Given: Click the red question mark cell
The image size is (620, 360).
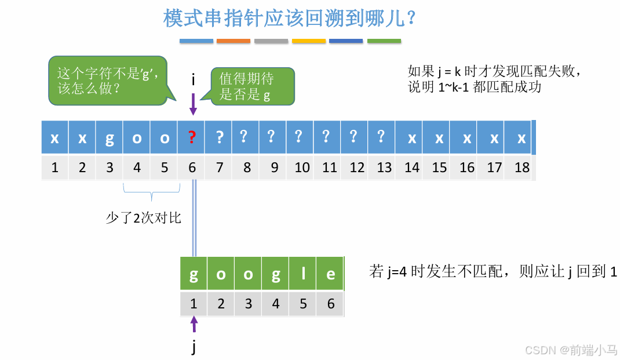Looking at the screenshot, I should (x=192, y=138).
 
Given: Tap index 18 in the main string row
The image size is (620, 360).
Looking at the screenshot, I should (x=521, y=168).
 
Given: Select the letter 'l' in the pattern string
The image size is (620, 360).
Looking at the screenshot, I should (x=303, y=274).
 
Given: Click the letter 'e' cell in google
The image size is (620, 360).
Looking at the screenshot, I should (x=330, y=274).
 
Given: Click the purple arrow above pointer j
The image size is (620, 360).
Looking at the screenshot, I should (x=194, y=323).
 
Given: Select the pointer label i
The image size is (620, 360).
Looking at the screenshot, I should (x=193, y=80).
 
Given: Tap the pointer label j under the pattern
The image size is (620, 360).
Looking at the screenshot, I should (x=194, y=347).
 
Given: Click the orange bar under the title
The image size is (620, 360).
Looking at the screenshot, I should (x=234, y=41).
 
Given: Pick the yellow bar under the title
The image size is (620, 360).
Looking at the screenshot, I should (x=309, y=41).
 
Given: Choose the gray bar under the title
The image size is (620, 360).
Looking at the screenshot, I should (x=271, y=41).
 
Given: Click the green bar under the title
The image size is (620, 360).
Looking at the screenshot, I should (x=384, y=41).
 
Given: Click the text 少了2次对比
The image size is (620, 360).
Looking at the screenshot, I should (x=143, y=218).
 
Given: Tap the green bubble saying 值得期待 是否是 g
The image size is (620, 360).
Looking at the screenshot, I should (x=252, y=86).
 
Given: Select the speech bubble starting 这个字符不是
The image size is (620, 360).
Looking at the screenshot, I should (x=108, y=81).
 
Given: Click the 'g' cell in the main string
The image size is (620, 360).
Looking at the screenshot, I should (x=110, y=138).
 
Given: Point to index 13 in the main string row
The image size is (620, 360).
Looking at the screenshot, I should (x=384, y=168).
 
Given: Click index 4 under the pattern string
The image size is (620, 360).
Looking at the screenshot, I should (x=276, y=304).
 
